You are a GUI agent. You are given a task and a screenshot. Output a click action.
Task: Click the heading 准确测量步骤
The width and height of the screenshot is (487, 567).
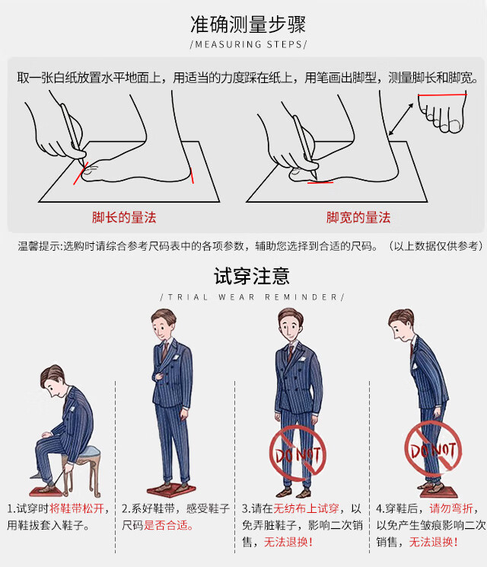click(x=248, y=24)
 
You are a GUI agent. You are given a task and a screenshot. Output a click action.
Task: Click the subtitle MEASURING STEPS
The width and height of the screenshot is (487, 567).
click(x=248, y=44)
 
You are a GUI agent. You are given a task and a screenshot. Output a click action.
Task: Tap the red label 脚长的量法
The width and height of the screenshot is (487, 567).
click(x=124, y=217)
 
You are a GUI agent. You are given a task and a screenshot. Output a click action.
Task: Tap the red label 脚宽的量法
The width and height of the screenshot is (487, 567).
click(x=358, y=217)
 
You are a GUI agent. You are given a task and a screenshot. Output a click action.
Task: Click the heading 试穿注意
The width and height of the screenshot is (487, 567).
click(x=252, y=276)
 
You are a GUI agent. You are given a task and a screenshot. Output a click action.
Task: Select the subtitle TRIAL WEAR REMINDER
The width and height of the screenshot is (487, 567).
click(x=253, y=297)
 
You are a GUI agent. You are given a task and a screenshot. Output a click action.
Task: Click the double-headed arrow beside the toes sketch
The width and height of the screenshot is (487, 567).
click(x=401, y=120)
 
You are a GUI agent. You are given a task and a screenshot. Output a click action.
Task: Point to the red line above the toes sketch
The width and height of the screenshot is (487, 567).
click(x=442, y=94)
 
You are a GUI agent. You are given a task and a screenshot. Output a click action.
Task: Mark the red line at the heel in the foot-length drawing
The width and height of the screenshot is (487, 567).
click(x=192, y=176)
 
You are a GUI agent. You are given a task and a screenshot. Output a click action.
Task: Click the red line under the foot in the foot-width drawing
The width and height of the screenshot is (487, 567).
click(x=320, y=183)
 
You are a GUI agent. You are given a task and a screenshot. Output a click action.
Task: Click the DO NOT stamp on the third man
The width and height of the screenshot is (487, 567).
click(x=298, y=453)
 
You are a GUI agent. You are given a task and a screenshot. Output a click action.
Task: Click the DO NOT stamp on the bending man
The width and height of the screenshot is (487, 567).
click(x=433, y=447)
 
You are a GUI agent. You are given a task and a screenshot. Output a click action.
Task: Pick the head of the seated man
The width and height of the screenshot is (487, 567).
click(x=53, y=381)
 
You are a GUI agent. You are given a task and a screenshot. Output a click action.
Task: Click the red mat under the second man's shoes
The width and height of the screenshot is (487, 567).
click(x=170, y=491)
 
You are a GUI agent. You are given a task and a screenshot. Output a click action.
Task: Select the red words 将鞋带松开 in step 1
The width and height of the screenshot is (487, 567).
click(x=77, y=508)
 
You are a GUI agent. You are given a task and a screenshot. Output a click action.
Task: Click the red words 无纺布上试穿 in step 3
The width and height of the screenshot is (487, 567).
click(x=306, y=508)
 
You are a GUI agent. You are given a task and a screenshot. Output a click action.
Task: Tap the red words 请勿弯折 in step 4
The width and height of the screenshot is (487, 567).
click(x=451, y=508)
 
